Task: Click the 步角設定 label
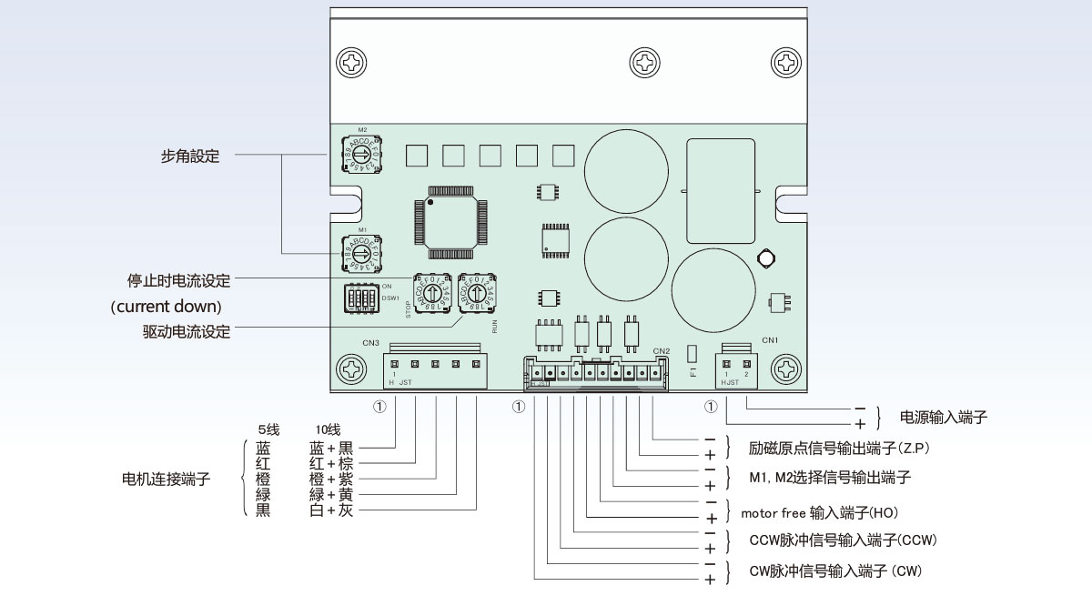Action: click(190, 156)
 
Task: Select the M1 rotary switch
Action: click(362, 252)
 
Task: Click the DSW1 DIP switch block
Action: click(361, 298)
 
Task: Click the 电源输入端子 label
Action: click(943, 418)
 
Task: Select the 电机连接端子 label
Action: click(166, 479)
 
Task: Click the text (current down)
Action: click(166, 307)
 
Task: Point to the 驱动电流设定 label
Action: click(180, 332)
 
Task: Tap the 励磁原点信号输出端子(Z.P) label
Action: click(838, 449)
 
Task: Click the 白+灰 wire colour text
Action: click(331, 510)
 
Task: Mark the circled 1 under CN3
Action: click(379, 407)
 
